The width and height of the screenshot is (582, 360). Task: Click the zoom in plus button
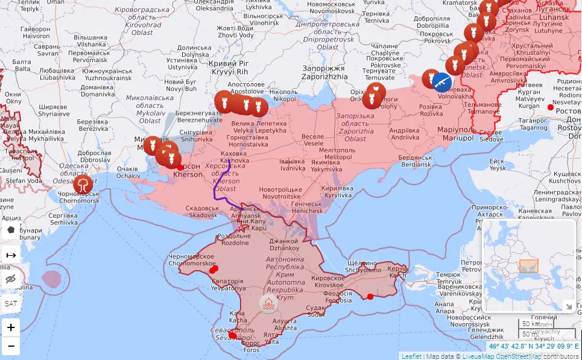coord(11,327)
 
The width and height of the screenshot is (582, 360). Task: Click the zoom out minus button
coord(11,347)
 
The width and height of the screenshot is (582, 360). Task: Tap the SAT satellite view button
coord(11,303)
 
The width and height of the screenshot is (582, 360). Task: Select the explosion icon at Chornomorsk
coord(83,184)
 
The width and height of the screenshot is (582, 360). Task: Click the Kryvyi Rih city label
coord(224,68)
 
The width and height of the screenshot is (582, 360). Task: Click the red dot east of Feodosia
coord(370,296)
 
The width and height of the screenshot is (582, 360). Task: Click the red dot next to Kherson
coord(180,167)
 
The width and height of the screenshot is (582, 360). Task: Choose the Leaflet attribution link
coord(411,356)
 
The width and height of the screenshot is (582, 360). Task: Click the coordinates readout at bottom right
coord(533,347)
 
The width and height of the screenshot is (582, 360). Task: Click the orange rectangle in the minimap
coord(529,266)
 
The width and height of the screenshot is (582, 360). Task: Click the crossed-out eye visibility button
coord(11,279)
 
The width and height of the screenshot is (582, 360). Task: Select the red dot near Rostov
coord(550,107)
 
